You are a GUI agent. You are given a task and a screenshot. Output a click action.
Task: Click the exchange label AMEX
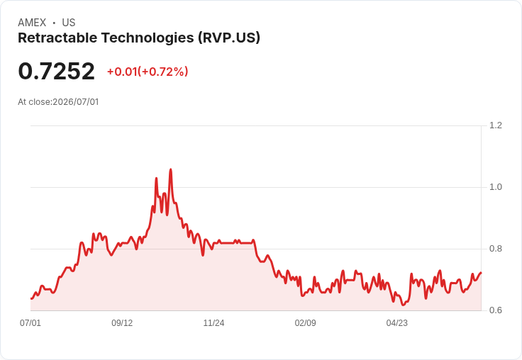pos(32,23)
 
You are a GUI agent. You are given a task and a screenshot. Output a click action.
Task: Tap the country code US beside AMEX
pos(69,23)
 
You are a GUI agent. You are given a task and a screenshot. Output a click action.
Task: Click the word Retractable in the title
pos(57,38)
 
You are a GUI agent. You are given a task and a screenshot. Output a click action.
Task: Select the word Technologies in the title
pos(147,38)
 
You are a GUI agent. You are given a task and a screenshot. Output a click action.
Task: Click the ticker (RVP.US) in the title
pos(229,38)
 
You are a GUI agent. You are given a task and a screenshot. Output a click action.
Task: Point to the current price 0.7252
pos(56,72)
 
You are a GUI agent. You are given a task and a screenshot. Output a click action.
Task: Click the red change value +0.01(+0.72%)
pos(148,72)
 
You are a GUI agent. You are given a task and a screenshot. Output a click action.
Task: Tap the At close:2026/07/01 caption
pos(58,102)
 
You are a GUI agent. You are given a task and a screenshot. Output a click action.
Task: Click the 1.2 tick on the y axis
pos(495,125)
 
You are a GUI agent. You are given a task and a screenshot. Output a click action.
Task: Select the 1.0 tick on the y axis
pos(495,187)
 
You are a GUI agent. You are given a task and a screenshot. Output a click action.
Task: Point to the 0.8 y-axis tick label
pos(495,249)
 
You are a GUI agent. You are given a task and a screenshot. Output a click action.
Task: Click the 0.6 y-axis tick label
pos(495,310)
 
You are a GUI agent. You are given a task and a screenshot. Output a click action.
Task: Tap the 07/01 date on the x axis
pos(30,322)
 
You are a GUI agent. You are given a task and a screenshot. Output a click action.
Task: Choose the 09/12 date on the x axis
pos(122,322)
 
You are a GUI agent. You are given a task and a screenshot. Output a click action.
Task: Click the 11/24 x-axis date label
pos(213,322)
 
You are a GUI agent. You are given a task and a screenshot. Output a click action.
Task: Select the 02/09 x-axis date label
pos(305,322)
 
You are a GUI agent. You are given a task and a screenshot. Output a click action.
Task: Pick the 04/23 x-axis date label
pos(397,322)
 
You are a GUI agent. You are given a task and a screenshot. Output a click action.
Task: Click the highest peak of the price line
pos(171,169)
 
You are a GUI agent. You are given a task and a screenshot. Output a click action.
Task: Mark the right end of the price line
pos(481,273)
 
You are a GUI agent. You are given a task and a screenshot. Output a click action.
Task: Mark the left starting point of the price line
pos(31,298)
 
